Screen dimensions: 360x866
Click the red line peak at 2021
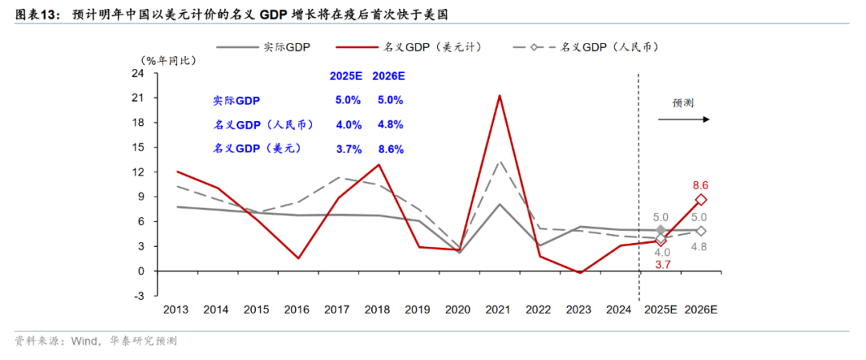(500, 95)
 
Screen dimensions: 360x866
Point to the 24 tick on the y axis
(137, 74)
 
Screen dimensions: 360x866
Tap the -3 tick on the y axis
(137, 296)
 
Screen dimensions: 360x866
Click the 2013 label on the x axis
(176, 309)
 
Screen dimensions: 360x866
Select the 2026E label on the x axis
(701, 309)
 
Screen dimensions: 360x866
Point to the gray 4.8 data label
(699, 246)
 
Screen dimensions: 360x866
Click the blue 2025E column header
(346, 76)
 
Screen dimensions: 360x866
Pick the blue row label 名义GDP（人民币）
(263, 125)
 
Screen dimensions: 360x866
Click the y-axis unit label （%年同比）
(168, 60)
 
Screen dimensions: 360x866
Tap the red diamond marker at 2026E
(701, 200)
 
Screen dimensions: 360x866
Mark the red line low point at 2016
(297, 258)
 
